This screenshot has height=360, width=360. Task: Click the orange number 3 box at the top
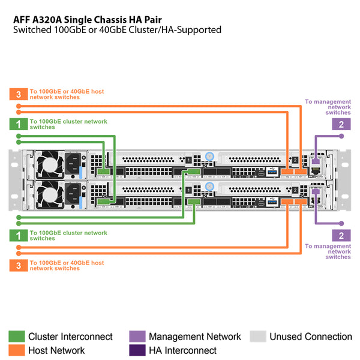point(19,94)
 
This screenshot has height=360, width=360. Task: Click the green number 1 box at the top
point(19,124)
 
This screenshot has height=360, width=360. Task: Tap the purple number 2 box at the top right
point(341,124)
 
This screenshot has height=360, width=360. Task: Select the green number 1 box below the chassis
point(19,236)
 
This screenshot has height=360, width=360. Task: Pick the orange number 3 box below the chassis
point(19,266)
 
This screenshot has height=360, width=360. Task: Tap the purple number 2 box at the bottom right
point(341,236)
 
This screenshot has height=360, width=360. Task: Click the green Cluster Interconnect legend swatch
point(16,337)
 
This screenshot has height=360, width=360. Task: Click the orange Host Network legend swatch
point(16,350)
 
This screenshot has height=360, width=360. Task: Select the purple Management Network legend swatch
point(137,337)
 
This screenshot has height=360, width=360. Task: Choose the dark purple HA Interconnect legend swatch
point(137,350)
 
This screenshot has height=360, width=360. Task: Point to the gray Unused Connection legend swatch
point(257,337)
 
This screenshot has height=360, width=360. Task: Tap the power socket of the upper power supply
point(74,163)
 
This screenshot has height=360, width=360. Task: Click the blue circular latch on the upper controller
point(209,156)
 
